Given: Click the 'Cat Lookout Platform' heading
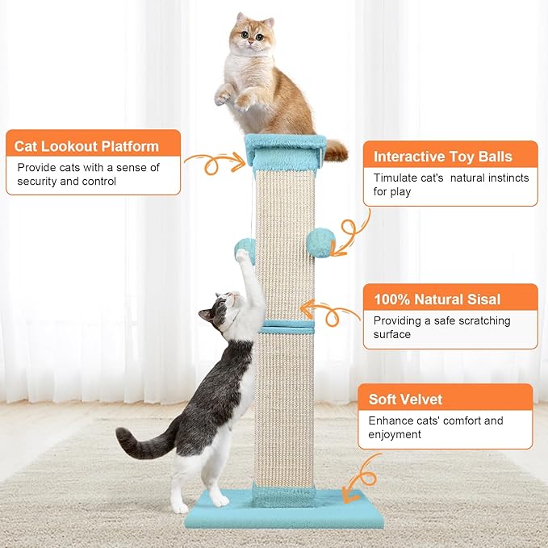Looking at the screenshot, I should point(86,146).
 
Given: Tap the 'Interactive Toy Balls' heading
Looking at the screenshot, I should point(442,157).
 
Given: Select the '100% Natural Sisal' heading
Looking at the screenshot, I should point(437,299).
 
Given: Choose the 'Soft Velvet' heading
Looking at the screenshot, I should point(405,399).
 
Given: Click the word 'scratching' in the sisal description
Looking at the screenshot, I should point(482,320).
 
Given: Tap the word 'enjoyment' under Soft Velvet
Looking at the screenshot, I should point(395,434).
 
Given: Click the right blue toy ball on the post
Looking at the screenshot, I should point(320,242).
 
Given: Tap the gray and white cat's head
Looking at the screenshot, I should point(221,312).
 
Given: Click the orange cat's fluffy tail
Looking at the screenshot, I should point(334,149).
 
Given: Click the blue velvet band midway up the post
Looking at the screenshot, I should point(286,327).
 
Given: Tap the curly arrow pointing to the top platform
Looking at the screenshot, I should point(213,164).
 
